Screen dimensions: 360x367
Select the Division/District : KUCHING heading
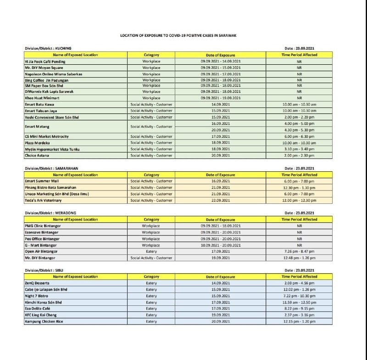(x=48, y=48)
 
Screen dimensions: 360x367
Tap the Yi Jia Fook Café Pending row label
(x=45, y=61)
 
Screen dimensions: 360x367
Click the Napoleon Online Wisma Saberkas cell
(x=53, y=73)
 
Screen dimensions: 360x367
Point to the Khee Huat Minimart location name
(x=42, y=98)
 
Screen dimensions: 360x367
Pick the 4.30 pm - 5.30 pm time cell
(x=299, y=130)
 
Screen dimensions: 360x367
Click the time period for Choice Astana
(x=299, y=155)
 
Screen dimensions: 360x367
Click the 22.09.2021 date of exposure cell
(x=220, y=200)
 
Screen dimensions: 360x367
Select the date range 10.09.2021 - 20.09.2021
(x=221, y=245)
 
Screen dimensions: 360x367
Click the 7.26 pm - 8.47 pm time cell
(x=299, y=251)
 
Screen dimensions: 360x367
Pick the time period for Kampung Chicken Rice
(x=299, y=321)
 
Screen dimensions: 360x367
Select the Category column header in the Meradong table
(x=151, y=219)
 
